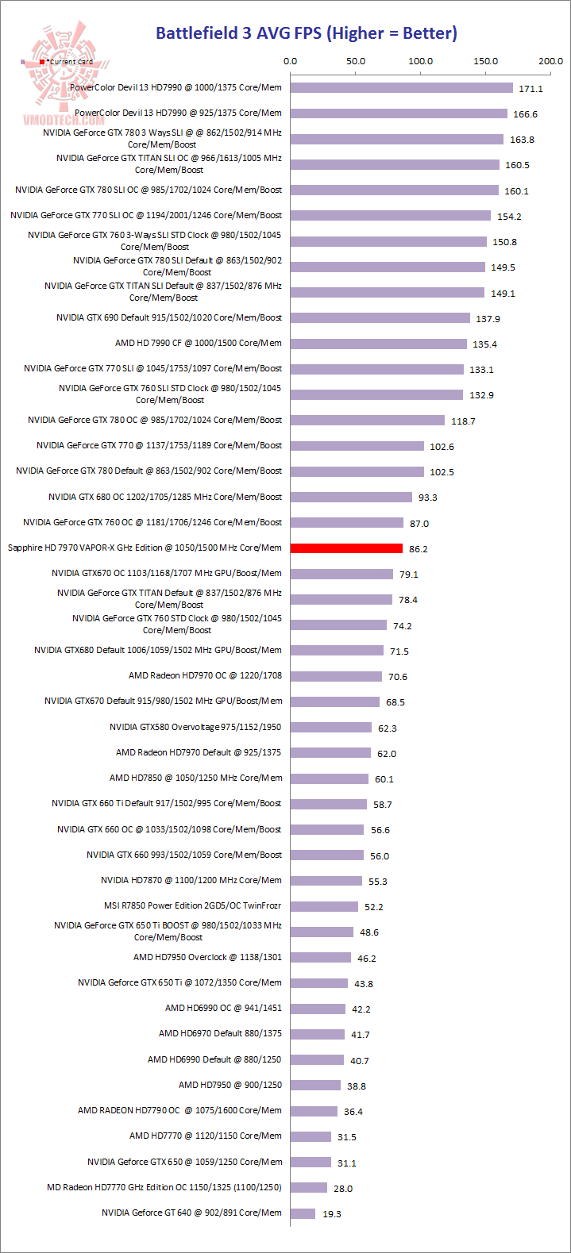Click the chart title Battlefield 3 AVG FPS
pyautogui.click(x=306, y=33)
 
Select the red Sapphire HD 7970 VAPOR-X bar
pyautogui.click(x=346, y=548)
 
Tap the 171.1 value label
pyautogui.click(x=530, y=89)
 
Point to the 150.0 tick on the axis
pyautogui.click(x=485, y=61)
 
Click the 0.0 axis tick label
pyautogui.click(x=290, y=61)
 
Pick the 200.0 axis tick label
pyautogui.click(x=550, y=61)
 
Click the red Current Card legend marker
pyautogui.click(x=42, y=62)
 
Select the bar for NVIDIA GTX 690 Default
pyautogui.click(x=380, y=317)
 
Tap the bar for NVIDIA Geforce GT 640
pyautogui.click(x=303, y=1213)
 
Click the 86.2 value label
pyautogui.click(x=418, y=548)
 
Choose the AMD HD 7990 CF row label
pyautogui.click(x=198, y=343)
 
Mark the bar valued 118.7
pyautogui.click(x=368, y=420)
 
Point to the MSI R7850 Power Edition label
pyautogui.click(x=192, y=905)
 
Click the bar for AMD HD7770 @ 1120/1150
pyautogui.click(x=311, y=1136)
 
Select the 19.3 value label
pyautogui.click(x=332, y=1214)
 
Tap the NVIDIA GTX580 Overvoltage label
pyautogui.click(x=195, y=727)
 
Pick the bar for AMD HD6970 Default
pyautogui.click(x=317, y=1033)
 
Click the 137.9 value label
pyautogui.click(x=487, y=319)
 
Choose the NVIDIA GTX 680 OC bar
pyautogui.click(x=351, y=497)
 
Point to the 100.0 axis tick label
pyautogui.click(x=420, y=61)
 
